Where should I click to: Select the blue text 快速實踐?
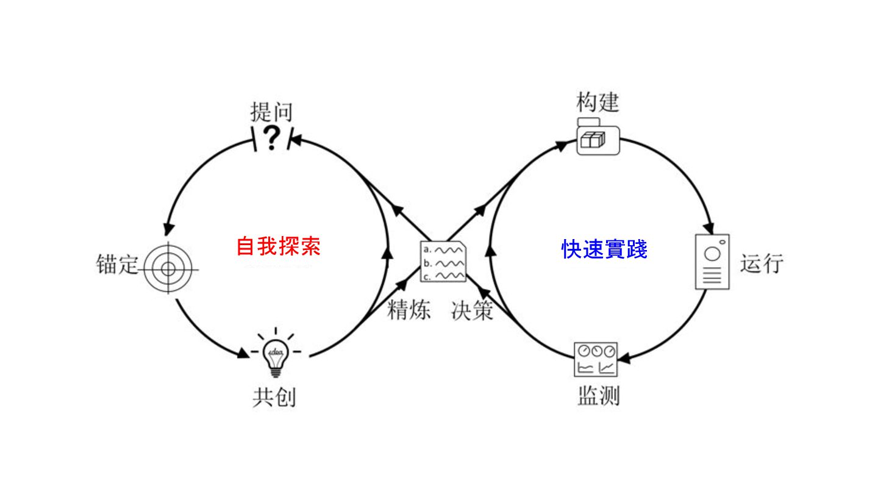point(604,249)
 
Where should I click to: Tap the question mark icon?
point(272,138)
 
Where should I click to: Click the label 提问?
point(272,112)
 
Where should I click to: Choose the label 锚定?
point(118,265)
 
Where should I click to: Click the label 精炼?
point(409,310)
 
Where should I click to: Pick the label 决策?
point(473,310)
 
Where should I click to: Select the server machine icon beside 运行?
point(712,261)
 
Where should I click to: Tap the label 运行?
point(762,263)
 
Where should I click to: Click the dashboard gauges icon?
point(596,359)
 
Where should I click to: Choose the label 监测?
point(598,396)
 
